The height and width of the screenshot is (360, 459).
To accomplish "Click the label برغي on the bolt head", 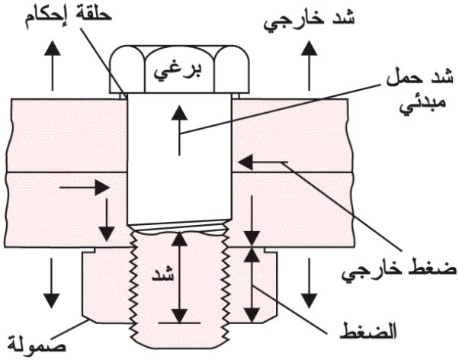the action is click(178, 72).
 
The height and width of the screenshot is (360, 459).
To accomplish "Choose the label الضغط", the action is click(368, 331).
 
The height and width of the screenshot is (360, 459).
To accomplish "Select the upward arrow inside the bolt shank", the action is click(179, 130).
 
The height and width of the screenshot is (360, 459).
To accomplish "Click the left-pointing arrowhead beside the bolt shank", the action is click(246, 162).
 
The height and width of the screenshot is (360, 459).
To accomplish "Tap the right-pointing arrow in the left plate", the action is click(85, 188).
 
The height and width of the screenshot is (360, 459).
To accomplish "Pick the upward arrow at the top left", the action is click(53, 66).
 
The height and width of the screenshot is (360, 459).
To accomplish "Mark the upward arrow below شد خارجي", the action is click(309, 66).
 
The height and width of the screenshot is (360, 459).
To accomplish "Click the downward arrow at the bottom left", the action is click(52, 283).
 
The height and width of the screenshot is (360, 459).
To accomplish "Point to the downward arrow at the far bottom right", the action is click(310, 283).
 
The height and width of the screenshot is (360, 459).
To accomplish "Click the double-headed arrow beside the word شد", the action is click(179, 277).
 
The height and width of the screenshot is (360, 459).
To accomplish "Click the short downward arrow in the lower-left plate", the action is click(106, 220).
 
